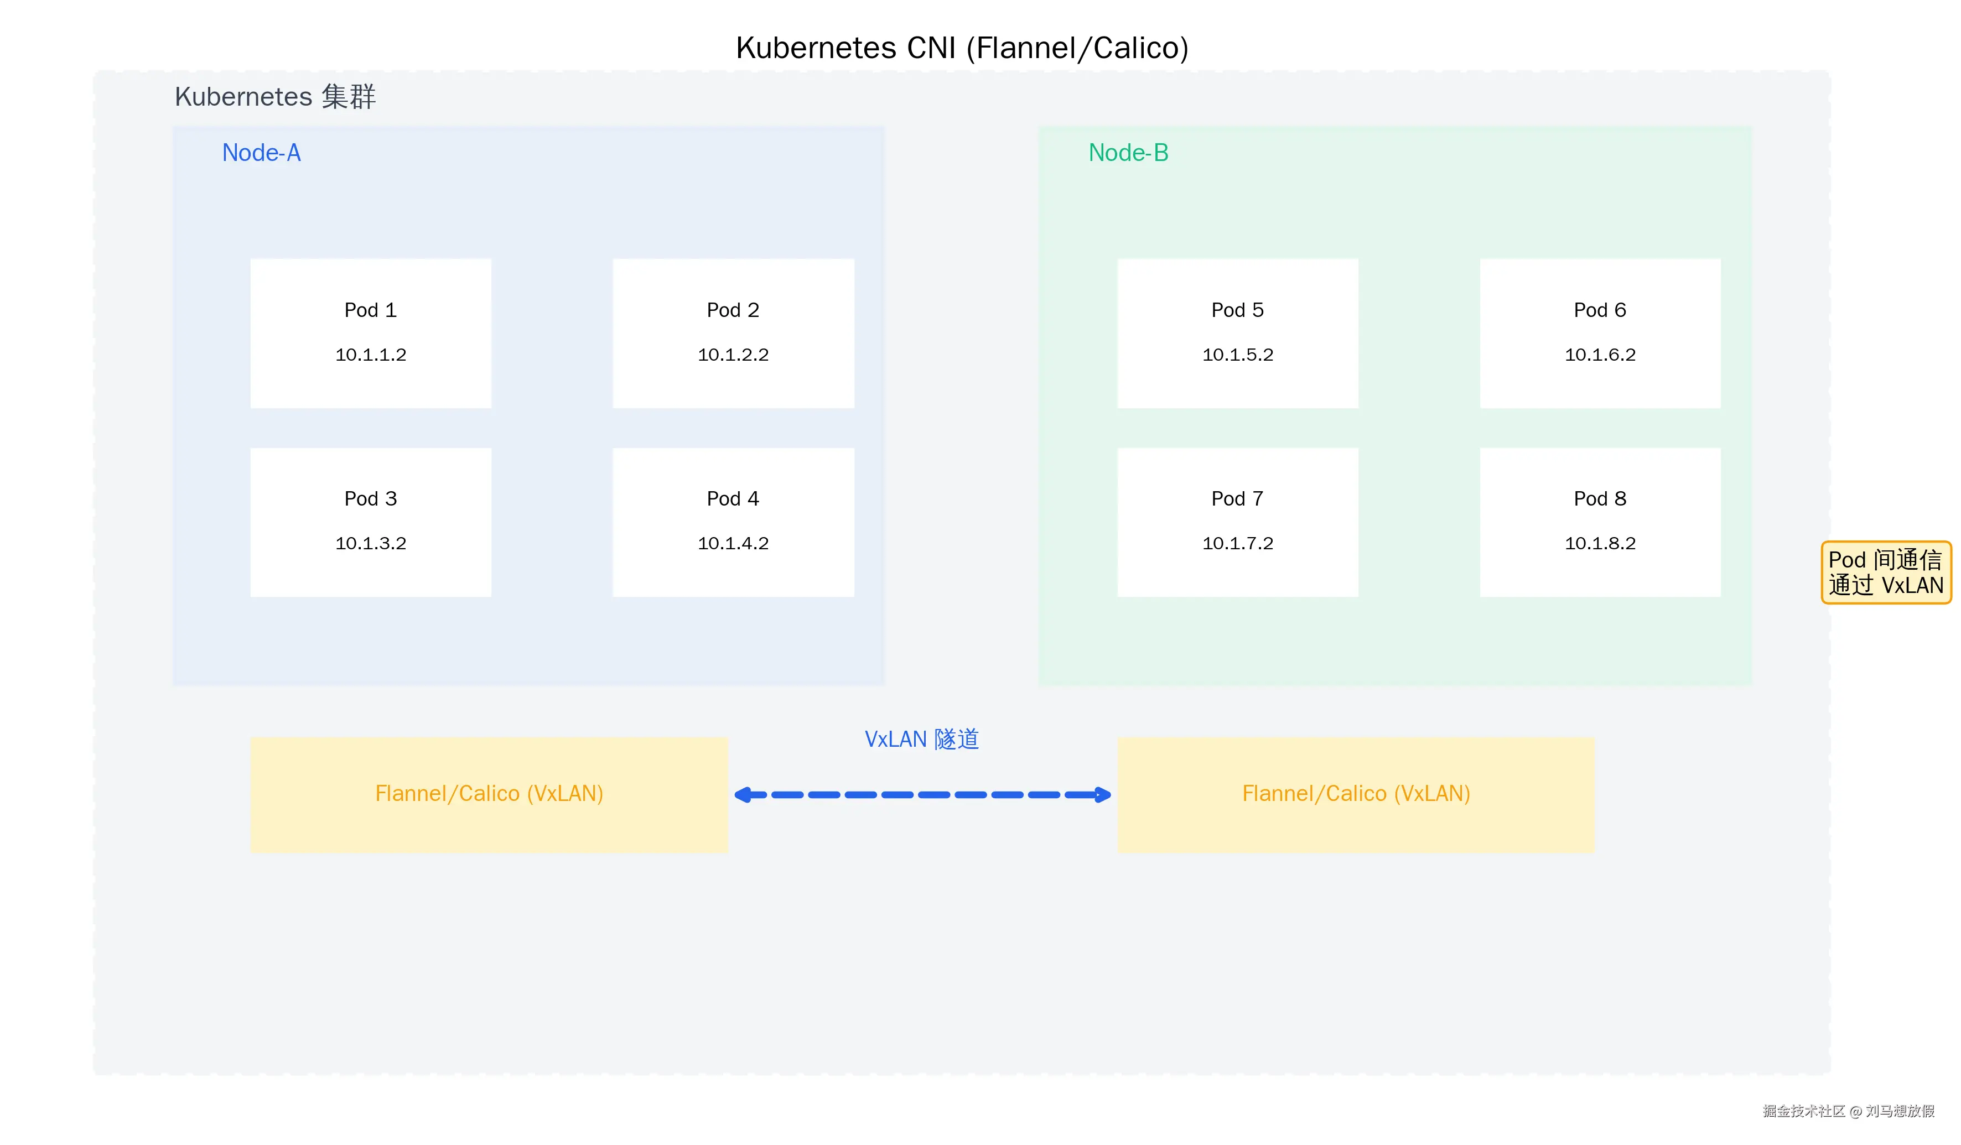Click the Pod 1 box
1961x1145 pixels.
370,333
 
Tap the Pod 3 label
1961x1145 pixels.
370,498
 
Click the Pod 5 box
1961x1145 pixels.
1237,333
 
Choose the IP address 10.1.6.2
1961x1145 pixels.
1600,355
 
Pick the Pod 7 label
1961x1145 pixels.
1237,498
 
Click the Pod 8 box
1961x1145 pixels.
1600,522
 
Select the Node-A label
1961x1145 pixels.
262,153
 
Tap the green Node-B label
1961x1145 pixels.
1128,153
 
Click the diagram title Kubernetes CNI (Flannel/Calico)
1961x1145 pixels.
962,48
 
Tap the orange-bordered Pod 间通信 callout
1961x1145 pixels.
1886,572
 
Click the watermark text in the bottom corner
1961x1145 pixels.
1848,1111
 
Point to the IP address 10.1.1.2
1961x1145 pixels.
370,355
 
